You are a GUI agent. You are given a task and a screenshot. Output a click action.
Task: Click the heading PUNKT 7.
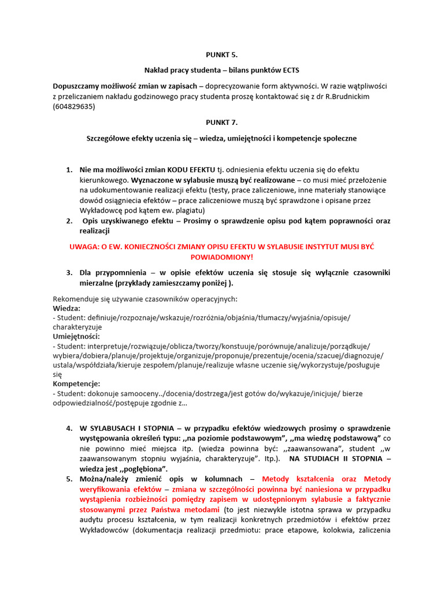pos(221,123)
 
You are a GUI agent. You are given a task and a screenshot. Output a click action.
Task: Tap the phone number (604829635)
pos(74,107)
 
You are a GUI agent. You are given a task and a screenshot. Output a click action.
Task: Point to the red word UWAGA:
pos(86,247)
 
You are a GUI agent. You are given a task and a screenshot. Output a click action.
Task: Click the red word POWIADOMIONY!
pos(221,257)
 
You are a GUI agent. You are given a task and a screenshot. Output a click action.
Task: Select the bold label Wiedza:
pos(66,309)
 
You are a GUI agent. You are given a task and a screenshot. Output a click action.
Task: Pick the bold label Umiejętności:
pos(76,336)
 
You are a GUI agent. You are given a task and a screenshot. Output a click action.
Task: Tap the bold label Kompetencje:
pos(76,384)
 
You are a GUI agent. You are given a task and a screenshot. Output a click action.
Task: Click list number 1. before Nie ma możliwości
pos(69,169)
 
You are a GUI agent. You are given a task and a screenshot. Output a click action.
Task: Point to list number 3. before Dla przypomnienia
pos(69,273)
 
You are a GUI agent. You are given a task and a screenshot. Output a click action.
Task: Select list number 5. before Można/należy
pos(69,479)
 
